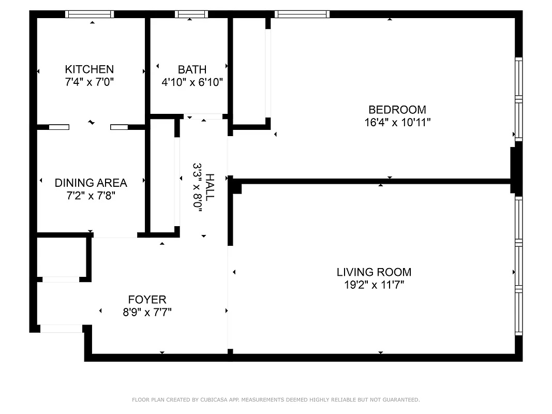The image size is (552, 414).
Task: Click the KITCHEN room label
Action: (89, 69)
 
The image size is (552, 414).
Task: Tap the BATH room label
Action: (192, 69)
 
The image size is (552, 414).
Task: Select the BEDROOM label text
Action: (397, 110)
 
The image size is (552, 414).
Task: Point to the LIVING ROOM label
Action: (374, 272)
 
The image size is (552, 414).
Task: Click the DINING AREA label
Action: (91, 183)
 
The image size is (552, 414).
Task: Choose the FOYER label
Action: (147, 300)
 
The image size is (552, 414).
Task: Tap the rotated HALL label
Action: (210, 187)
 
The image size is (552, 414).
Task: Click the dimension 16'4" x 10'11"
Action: (397, 123)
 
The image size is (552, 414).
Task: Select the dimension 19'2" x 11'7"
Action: (374, 285)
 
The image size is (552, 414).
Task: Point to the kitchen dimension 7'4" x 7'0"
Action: (89, 82)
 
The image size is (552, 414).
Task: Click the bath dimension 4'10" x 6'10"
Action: (192, 82)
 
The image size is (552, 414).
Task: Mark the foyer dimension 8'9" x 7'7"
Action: (147, 312)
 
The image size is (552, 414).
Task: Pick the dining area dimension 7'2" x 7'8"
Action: (91, 196)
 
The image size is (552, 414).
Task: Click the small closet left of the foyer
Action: (61, 257)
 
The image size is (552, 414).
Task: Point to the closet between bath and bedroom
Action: (249, 70)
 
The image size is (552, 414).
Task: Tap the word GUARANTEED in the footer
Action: (399, 400)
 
